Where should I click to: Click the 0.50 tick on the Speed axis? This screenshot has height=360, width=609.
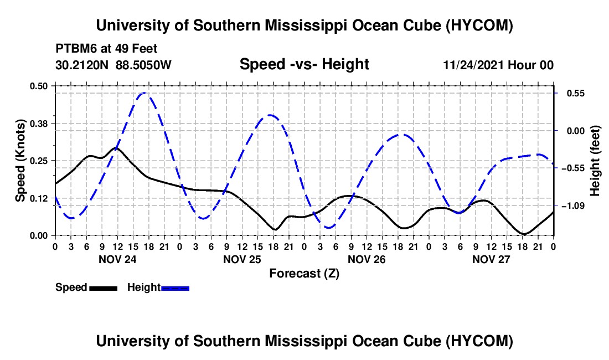[38, 86]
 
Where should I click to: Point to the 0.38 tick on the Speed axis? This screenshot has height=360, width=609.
[38, 124]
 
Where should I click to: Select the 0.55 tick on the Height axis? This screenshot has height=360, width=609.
[575, 94]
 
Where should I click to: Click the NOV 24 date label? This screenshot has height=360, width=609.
[117, 259]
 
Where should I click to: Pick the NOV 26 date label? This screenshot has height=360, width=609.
[367, 259]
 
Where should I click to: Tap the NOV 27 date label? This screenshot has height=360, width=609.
[491, 259]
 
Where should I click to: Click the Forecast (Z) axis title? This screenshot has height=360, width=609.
[304, 274]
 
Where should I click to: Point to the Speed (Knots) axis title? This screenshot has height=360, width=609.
[20, 161]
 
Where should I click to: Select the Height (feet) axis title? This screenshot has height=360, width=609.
[595, 161]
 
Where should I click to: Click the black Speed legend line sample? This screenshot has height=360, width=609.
[103, 288]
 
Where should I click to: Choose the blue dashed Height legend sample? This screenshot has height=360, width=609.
[175, 288]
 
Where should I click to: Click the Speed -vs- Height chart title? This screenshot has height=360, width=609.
[304, 64]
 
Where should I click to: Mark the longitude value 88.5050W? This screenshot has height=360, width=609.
[143, 65]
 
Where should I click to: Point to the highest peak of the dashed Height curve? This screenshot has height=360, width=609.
[144, 93]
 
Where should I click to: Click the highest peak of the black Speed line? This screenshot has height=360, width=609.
[116, 147]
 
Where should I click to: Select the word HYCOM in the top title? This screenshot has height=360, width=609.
[479, 25]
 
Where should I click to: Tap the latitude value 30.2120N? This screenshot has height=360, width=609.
[82, 65]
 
